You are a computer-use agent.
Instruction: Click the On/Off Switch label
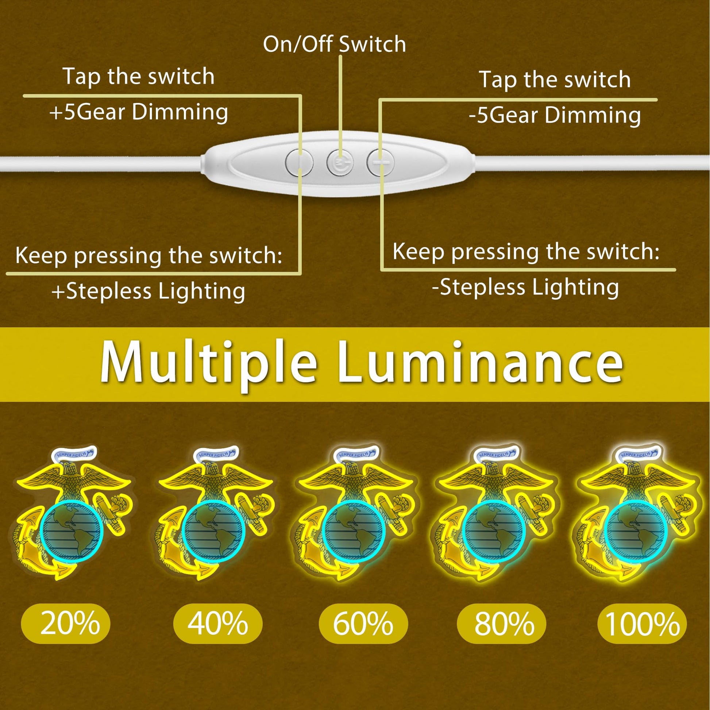coord(335,44)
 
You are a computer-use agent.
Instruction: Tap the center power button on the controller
coord(340,162)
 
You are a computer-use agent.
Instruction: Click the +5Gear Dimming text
coord(139,112)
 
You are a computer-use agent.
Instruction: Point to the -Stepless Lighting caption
coord(525,288)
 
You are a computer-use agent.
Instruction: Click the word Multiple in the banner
coord(208,362)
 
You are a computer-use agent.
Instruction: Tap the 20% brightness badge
coord(66,624)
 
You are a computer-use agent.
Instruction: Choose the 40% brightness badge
coord(218,624)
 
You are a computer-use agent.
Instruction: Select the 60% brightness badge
coord(363,624)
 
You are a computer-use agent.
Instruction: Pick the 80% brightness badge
coord(502,624)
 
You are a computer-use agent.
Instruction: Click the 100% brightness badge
coord(642,624)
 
